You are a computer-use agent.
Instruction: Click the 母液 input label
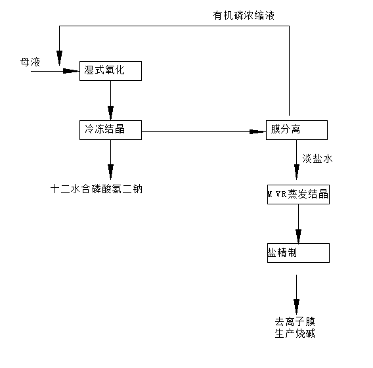coord(30,62)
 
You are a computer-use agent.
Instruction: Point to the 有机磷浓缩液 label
coord(244,16)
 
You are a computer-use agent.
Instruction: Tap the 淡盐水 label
coord(317,158)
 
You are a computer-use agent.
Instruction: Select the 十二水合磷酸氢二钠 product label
coord(97,189)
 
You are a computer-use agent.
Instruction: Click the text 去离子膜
coord(295,321)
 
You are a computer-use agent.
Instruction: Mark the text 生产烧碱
coord(295,333)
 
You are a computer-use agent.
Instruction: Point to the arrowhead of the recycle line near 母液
coord(60,58)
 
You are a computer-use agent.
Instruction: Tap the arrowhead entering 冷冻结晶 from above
coord(110,113)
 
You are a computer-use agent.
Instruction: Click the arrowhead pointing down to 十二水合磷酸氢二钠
coord(110,172)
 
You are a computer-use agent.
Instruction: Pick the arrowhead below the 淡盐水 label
coord(297,172)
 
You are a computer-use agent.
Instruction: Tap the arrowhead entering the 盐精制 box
coord(298,236)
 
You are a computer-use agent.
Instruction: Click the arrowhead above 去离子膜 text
coord(296,306)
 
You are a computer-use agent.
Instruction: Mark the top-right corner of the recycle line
coord(289,26)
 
